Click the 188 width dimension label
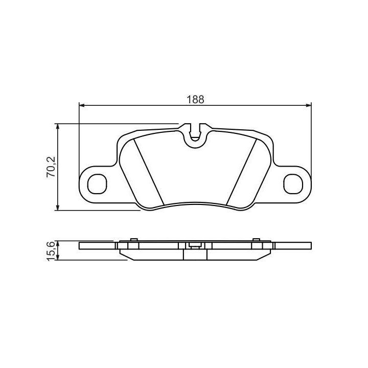(195, 100)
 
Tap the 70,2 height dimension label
(51, 167)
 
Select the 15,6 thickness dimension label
(51, 250)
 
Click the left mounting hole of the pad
(97, 184)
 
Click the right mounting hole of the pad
(293, 184)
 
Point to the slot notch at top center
(195, 132)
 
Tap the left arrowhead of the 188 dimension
(82, 106)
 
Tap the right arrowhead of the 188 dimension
(309, 106)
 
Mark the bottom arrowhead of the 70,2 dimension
(57, 208)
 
